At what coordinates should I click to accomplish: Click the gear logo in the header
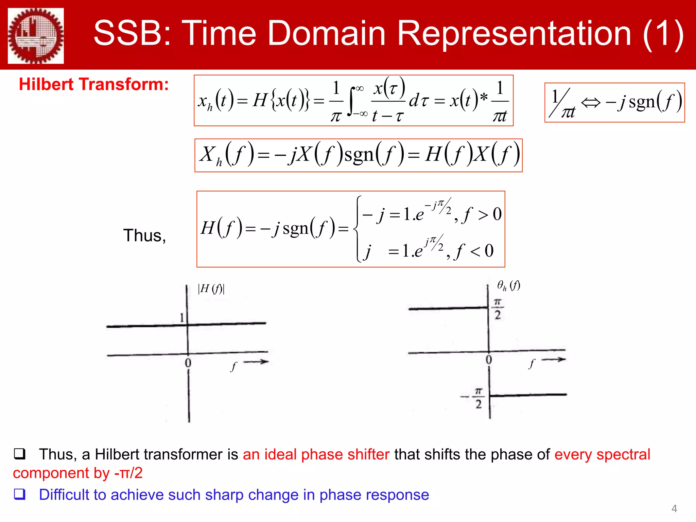pyautogui.click(x=36, y=36)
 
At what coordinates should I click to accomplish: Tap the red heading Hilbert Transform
pyautogui.click(x=93, y=84)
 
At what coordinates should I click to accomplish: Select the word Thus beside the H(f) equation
pyautogui.click(x=144, y=236)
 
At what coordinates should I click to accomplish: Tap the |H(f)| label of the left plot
pyautogui.click(x=211, y=289)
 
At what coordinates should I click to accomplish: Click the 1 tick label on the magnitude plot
pyautogui.click(x=182, y=318)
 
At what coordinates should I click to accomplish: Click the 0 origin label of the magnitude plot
pyautogui.click(x=188, y=363)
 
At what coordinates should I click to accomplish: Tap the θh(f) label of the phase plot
pyautogui.click(x=508, y=285)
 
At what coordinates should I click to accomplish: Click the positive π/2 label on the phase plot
pyautogui.click(x=498, y=309)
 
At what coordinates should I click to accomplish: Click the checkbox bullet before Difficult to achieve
pyautogui.click(x=19, y=494)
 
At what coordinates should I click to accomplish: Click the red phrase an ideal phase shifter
pyautogui.click(x=316, y=454)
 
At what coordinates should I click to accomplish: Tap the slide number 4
pyautogui.click(x=674, y=508)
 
